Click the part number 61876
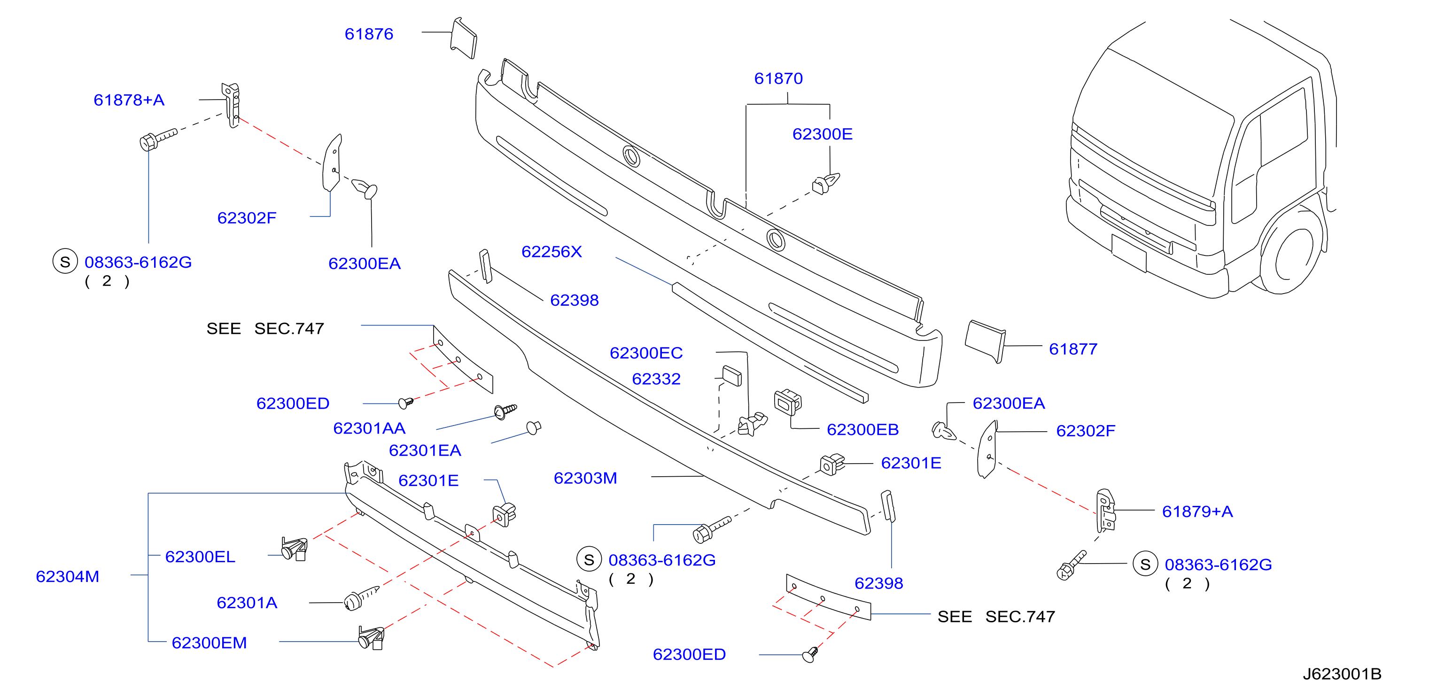(x=369, y=34)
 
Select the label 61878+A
(x=129, y=100)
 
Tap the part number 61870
(x=778, y=78)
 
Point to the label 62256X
(x=551, y=251)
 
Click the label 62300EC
(x=646, y=353)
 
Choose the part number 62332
(x=656, y=379)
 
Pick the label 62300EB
(x=862, y=430)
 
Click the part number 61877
(x=1073, y=349)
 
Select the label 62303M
(x=585, y=479)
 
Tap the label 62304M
(x=68, y=577)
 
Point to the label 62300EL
(x=200, y=557)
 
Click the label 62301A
(x=247, y=603)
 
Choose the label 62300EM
(x=209, y=643)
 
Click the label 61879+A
(x=1197, y=511)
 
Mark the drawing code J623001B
(x=1342, y=674)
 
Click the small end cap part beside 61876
(x=464, y=38)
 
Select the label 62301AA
(x=369, y=428)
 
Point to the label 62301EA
(x=425, y=450)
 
